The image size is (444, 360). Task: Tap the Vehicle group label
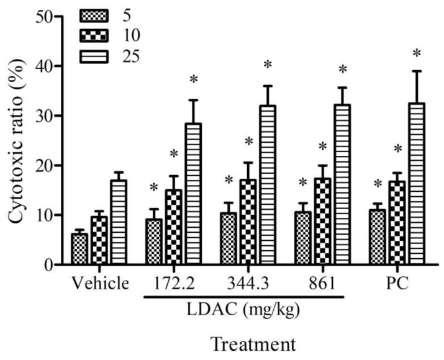(99, 284)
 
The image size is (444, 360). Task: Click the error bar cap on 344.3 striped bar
(268, 86)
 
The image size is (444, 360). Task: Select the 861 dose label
(322, 284)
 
